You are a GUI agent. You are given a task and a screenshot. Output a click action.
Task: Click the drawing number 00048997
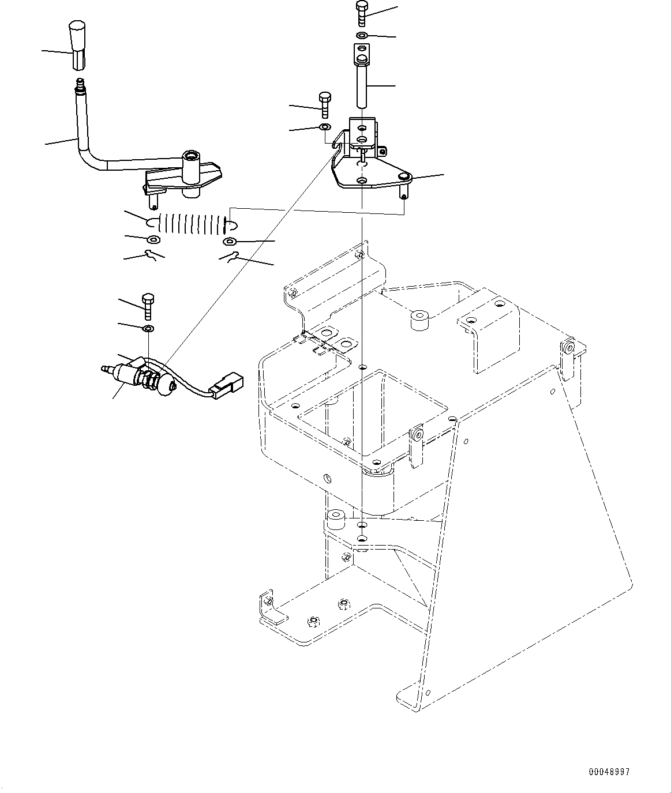(x=610, y=772)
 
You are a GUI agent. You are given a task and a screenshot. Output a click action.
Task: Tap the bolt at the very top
(x=362, y=13)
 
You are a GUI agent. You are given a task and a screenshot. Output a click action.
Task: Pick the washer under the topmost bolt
(x=362, y=36)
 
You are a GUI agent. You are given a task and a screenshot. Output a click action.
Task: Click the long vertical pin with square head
(x=362, y=81)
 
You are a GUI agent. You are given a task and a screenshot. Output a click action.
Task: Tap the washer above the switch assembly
(x=148, y=329)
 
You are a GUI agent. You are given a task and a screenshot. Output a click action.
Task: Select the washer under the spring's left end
(x=153, y=239)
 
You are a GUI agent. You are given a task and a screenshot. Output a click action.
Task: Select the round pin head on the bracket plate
(x=404, y=176)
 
